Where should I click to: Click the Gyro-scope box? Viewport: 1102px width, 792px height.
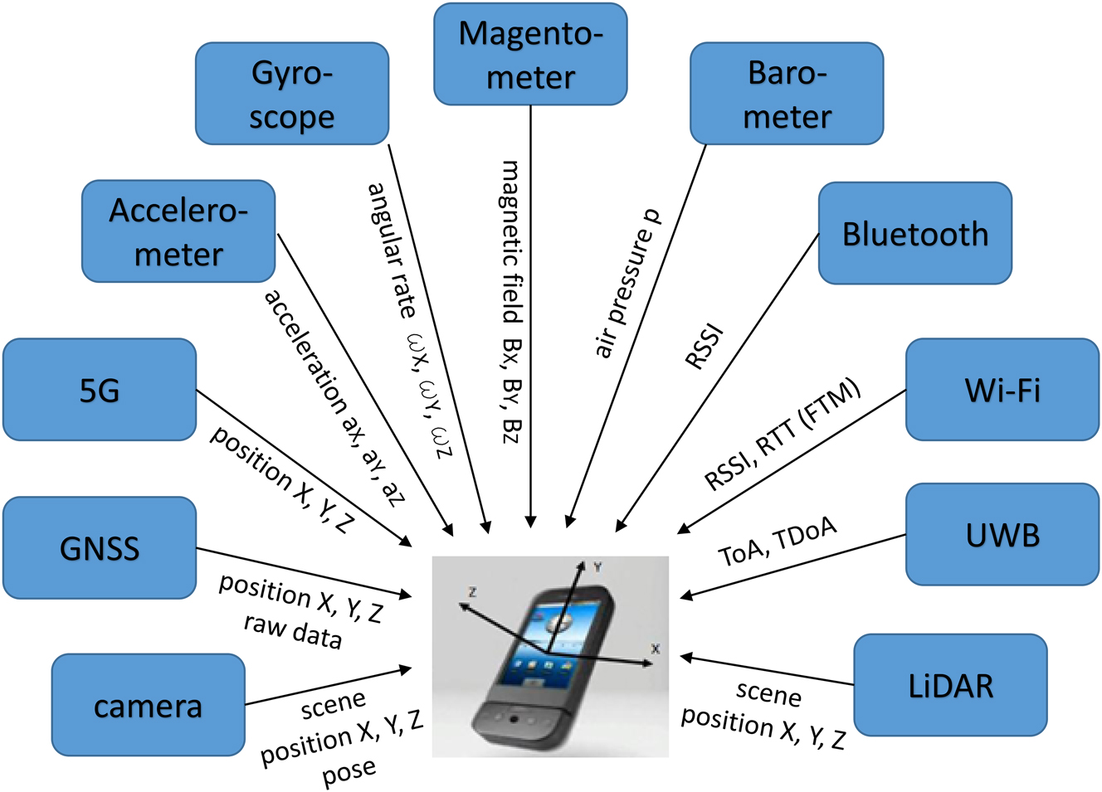point(292,94)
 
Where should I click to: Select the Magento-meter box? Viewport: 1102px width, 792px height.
point(530,55)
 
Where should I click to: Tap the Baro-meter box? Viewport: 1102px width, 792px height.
point(787,94)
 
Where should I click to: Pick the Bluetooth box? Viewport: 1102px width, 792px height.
point(914,234)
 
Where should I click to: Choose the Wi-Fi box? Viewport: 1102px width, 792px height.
point(1002,390)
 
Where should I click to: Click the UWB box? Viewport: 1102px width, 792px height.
point(1002,535)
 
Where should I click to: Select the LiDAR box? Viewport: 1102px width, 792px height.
point(950,686)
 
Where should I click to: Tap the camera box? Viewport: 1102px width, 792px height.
point(148,706)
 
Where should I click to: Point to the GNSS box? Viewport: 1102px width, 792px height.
point(100,548)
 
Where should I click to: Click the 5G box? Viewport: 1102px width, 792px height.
point(100,390)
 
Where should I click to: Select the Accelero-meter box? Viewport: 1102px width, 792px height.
point(178,232)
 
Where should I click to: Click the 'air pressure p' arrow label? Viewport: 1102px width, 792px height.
point(628,283)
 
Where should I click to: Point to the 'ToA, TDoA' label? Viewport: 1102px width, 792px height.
point(778,542)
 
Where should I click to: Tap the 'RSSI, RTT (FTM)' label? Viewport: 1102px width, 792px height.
point(782,435)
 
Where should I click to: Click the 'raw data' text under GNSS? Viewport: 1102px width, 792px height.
point(292,630)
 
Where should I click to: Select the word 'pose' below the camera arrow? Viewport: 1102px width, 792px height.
point(349,772)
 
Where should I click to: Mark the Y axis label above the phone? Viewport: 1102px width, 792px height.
point(597,567)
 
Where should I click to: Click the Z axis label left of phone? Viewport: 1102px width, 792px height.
point(472,592)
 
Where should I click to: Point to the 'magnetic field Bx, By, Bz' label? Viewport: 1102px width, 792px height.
point(512,301)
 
